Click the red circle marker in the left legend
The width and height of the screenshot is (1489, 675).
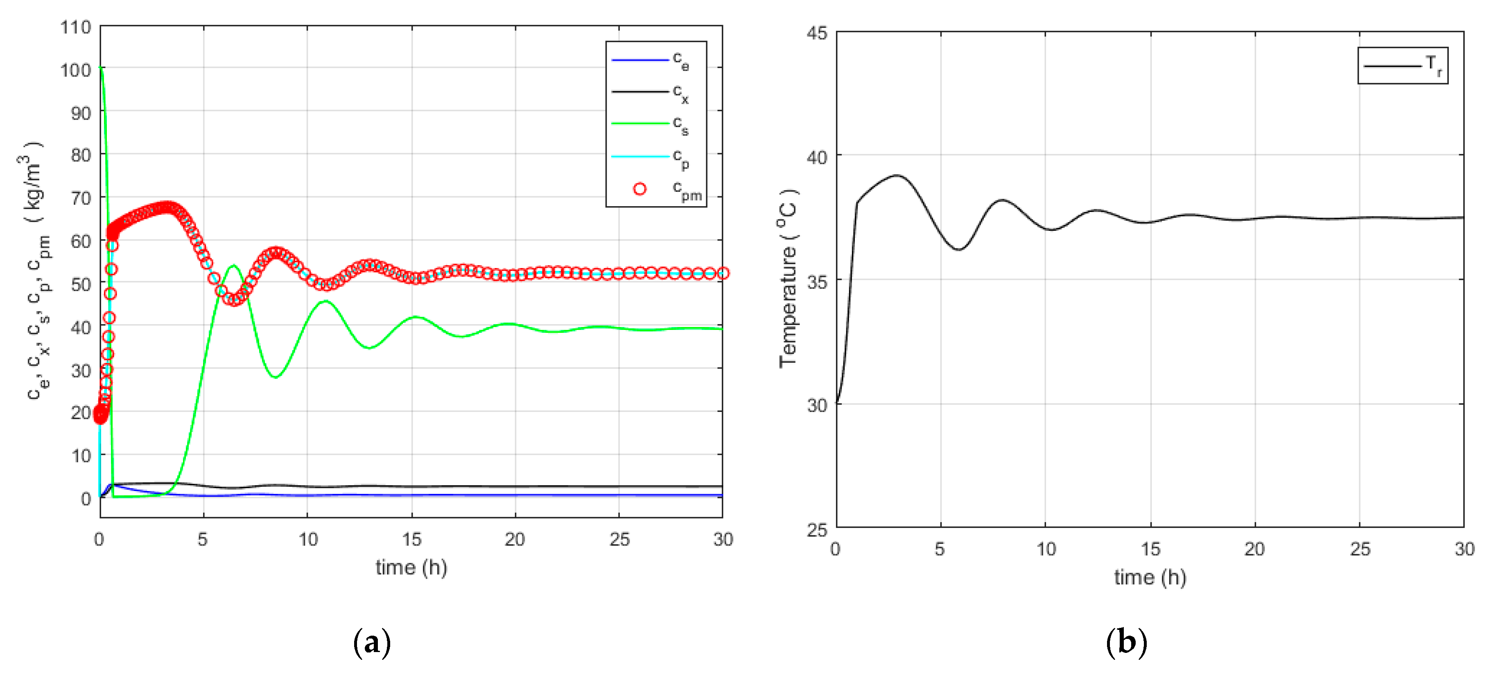click(x=639, y=189)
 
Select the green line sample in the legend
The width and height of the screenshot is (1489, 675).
click(x=639, y=123)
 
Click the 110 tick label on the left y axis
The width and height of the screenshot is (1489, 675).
click(x=76, y=27)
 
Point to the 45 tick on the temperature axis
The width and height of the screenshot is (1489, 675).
click(x=817, y=33)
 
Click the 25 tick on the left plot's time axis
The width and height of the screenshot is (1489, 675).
click(x=619, y=539)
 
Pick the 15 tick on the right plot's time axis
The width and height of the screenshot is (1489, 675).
click(x=1150, y=548)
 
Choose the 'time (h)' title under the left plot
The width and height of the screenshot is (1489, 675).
click(x=411, y=567)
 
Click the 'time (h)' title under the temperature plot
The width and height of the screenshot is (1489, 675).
click(x=1150, y=577)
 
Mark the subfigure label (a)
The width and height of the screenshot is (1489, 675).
click(x=372, y=643)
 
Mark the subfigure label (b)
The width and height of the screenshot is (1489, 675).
click(x=1126, y=643)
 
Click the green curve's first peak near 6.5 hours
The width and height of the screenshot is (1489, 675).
click(x=233, y=266)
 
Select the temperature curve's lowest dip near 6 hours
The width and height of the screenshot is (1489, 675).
click(x=959, y=250)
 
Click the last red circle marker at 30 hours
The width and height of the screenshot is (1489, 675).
click(x=723, y=273)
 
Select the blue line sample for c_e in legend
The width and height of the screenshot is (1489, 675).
click(x=639, y=59)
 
